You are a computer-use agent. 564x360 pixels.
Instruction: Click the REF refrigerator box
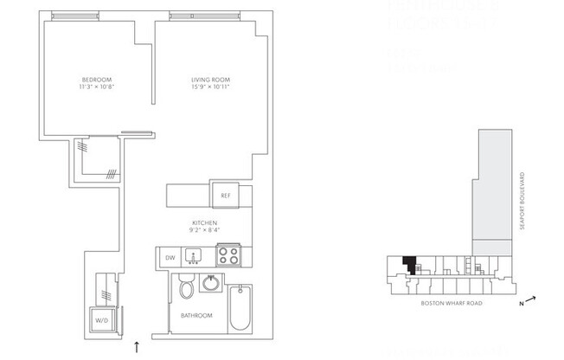tap(225, 196)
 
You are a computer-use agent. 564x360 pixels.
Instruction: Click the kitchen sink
tap(195, 256)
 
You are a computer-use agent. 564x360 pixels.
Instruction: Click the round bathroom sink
tap(209, 284)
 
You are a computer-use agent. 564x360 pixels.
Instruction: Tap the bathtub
tap(241, 311)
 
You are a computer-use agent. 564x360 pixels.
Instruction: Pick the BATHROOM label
tap(197, 316)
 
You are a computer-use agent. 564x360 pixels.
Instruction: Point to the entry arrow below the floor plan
tap(137, 348)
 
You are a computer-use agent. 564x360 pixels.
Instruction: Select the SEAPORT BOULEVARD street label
tap(523, 200)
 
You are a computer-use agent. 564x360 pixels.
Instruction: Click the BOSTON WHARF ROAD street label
tap(450, 304)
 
